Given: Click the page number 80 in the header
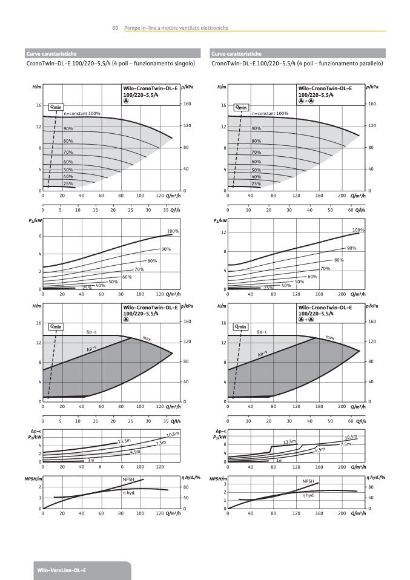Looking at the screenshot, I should [x=114, y=28].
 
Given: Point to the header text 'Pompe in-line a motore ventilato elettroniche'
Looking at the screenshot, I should [x=176, y=28].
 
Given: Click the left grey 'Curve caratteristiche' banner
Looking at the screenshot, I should [x=51, y=53].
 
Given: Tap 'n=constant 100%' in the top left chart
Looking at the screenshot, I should [x=82, y=114].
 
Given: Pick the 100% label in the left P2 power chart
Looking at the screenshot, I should [x=173, y=231].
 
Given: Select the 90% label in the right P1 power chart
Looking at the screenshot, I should [x=351, y=248].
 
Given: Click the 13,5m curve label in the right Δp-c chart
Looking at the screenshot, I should [x=289, y=442].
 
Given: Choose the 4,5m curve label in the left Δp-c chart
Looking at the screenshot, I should [x=135, y=452].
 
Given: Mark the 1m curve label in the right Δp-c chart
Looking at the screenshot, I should [x=279, y=461].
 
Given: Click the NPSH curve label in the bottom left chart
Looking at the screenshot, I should [x=128, y=479].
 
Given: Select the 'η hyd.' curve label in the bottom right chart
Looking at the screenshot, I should [x=309, y=495].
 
